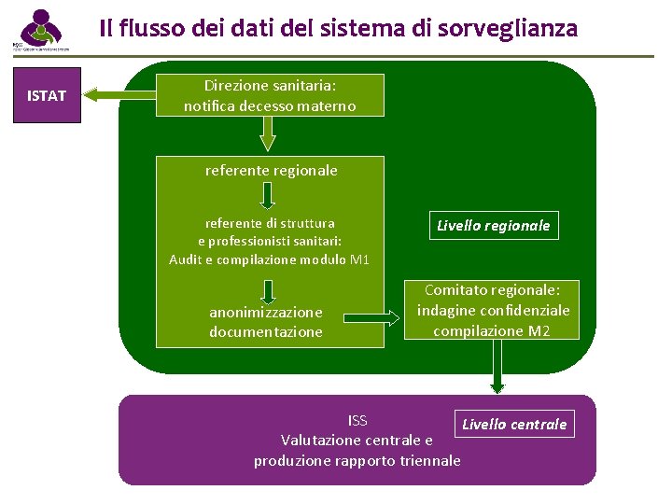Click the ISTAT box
(47, 94)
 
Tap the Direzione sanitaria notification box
(269, 94)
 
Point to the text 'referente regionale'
(271, 171)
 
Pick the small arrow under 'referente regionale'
(267, 195)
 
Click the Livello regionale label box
(494, 225)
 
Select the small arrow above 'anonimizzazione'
(267, 284)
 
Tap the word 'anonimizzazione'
(266, 312)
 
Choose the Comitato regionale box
(493, 310)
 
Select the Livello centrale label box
(514, 425)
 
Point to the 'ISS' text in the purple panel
(357, 420)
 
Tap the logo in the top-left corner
(39, 31)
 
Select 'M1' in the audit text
(359, 259)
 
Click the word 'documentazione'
(266, 331)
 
